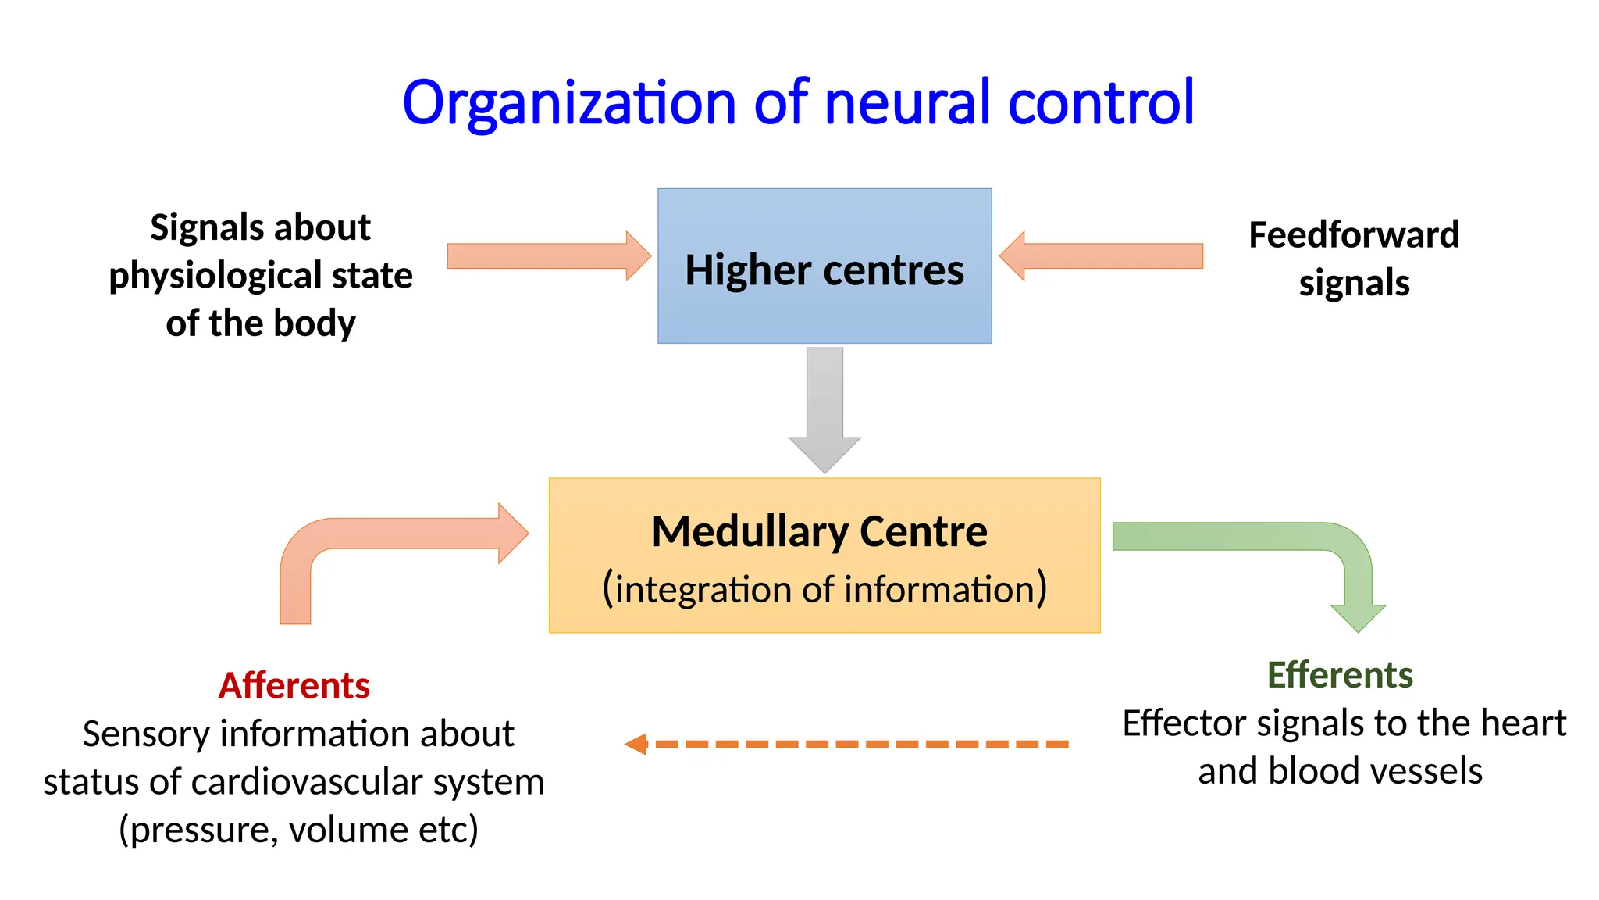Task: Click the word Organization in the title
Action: point(568,103)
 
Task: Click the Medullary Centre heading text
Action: point(819,532)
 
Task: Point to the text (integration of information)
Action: point(824,589)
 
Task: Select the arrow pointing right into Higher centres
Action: point(547,255)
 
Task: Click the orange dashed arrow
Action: point(847,744)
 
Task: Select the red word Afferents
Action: point(294,686)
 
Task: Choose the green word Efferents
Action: point(1340,675)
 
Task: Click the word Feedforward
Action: point(1354,234)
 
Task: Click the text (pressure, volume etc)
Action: point(298,830)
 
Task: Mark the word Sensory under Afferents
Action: point(146,734)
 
